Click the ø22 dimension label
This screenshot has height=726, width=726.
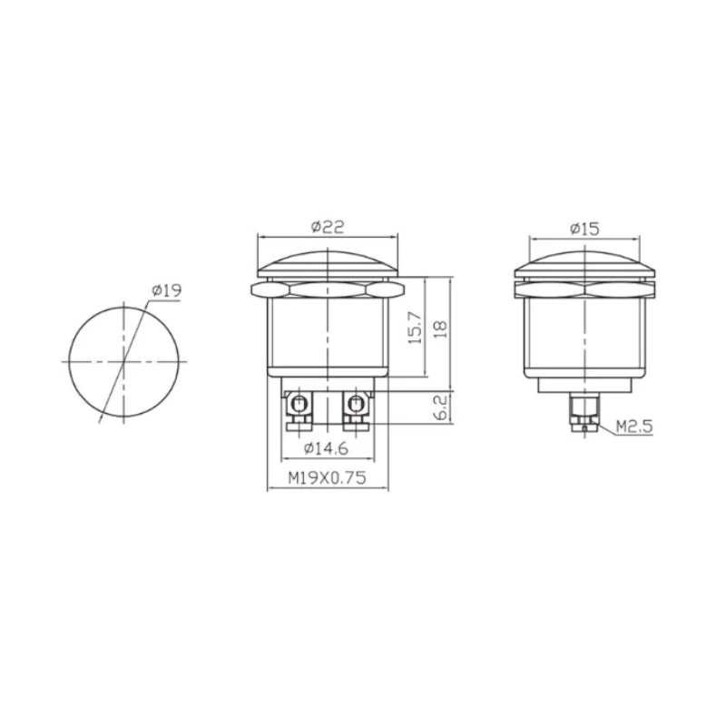click(328, 227)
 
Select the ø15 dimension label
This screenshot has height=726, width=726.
click(584, 229)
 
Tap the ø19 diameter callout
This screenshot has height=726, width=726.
click(167, 290)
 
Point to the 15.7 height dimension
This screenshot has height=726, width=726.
click(416, 328)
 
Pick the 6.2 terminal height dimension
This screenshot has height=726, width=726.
click(441, 407)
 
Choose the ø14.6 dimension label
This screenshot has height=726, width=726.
click(326, 448)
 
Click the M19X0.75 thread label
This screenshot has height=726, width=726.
click(327, 477)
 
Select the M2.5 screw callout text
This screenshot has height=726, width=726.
click(634, 427)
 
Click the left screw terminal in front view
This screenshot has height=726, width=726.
click(299, 410)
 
